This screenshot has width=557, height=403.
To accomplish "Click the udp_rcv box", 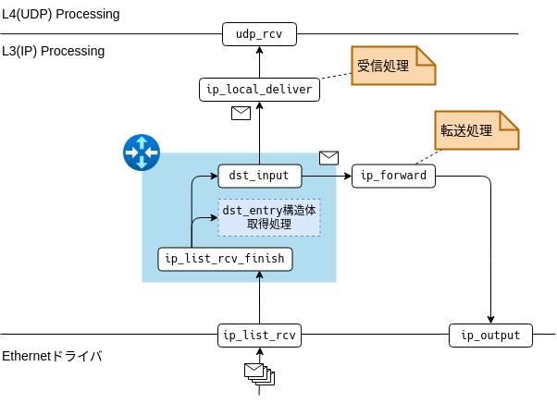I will click(259, 35).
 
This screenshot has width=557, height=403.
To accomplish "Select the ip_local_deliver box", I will click(259, 90).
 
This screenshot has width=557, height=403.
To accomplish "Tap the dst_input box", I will click(259, 175).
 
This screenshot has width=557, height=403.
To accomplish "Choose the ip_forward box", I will click(393, 176).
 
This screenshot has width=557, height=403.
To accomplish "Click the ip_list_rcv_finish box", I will click(225, 259).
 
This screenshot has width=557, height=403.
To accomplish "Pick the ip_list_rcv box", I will click(259, 335).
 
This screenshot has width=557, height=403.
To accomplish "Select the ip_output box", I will click(490, 335).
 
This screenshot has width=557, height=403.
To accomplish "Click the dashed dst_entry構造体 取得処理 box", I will click(269, 217).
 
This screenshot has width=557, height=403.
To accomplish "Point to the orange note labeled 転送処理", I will click(477, 131).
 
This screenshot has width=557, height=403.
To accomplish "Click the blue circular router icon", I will click(142, 153).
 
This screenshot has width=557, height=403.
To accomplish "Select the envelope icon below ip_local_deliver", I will click(241, 114).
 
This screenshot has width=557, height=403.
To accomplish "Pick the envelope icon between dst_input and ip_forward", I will click(328, 157).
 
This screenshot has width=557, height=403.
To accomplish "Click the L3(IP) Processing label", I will click(53, 51).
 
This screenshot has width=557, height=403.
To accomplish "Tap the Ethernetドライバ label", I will click(52, 357).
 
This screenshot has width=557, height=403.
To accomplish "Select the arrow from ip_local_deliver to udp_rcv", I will click(259, 63).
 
